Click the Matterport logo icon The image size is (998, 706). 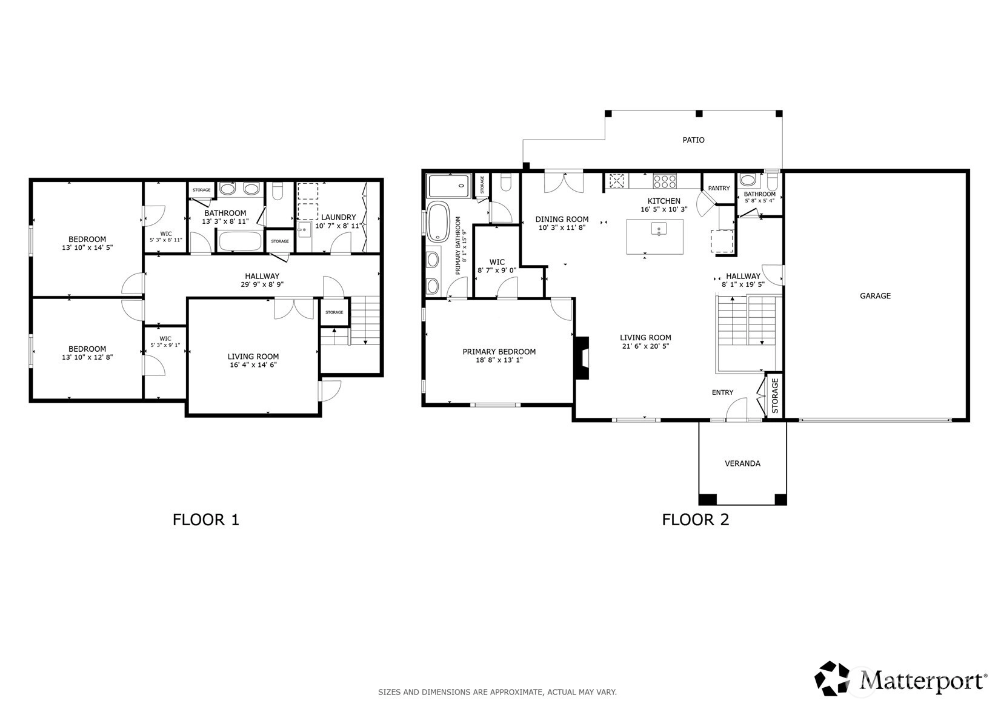pyautogui.click(x=832, y=679)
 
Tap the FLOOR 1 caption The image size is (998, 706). pyautogui.click(x=206, y=520)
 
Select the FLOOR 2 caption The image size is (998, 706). pyautogui.click(x=696, y=520)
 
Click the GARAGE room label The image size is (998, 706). pyautogui.click(x=875, y=296)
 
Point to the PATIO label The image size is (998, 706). pyautogui.click(x=694, y=140)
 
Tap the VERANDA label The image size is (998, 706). pyautogui.click(x=742, y=463)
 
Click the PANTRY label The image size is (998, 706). pyautogui.click(x=719, y=188)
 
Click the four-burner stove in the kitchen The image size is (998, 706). pyautogui.click(x=665, y=181)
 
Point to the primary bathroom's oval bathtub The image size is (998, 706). pyautogui.click(x=439, y=221)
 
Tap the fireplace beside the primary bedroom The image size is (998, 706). pyautogui.click(x=582, y=358)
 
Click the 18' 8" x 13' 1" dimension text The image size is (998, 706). pyautogui.click(x=499, y=360)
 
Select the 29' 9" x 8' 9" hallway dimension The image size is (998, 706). pyautogui.click(x=262, y=284)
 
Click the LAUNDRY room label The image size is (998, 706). pyautogui.click(x=339, y=217)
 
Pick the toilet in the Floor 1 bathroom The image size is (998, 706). pyautogui.click(x=277, y=191)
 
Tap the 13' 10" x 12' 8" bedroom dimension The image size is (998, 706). pyautogui.click(x=87, y=357)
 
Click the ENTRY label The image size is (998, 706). pyautogui.click(x=722, y=392)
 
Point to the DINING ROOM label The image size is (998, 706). pyautogui.click(x=562, y=220)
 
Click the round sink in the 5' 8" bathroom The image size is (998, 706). pyautogui.click(x=747, y=180)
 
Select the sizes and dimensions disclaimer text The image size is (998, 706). pyautogui.click(x=497, y=692)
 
